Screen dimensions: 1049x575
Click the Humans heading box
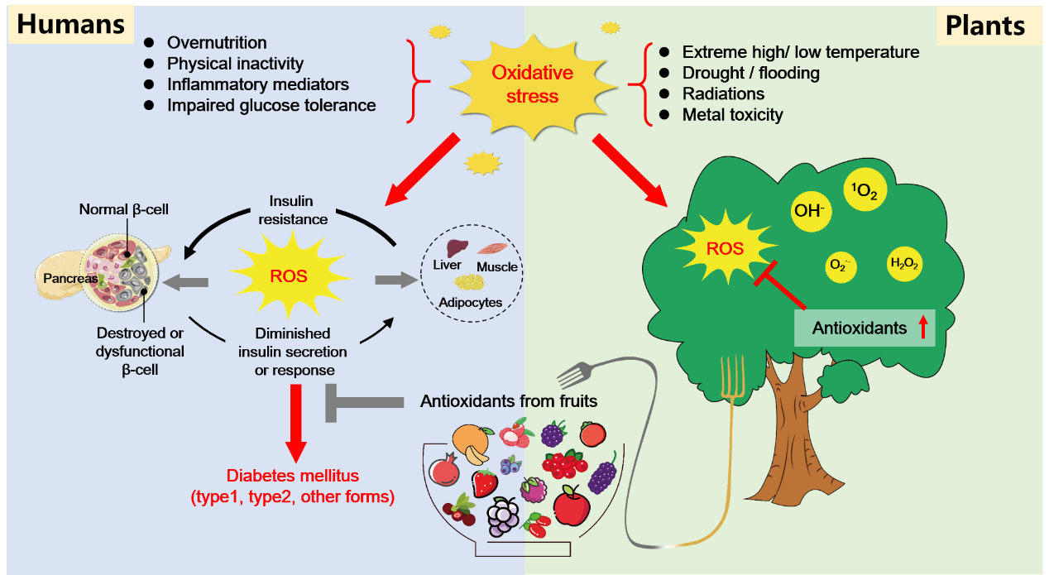point(70,24)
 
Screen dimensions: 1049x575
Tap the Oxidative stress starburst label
point(533,84)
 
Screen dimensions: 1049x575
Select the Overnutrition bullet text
point(217,43)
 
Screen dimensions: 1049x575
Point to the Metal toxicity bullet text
point(732,115)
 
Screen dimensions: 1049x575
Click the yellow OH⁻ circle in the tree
point(810,211)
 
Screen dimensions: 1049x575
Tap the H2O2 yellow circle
point(904,264)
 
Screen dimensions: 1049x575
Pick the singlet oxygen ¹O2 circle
point(865,189)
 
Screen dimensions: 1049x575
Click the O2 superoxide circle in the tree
point(841,266)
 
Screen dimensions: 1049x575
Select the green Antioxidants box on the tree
point(865,328)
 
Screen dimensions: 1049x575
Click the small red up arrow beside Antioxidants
point(922,327)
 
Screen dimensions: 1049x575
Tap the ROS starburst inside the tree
point(725,248)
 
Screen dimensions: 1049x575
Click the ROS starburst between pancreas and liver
point(289,276)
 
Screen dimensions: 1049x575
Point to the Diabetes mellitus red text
point(293,486)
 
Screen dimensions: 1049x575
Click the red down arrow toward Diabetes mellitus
point(296,424)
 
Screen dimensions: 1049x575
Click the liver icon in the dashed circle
point(457,247)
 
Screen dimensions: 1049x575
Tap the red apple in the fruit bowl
point(572,506)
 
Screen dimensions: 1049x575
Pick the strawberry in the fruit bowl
point(485,483)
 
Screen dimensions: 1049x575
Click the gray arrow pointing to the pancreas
point(185,282)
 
